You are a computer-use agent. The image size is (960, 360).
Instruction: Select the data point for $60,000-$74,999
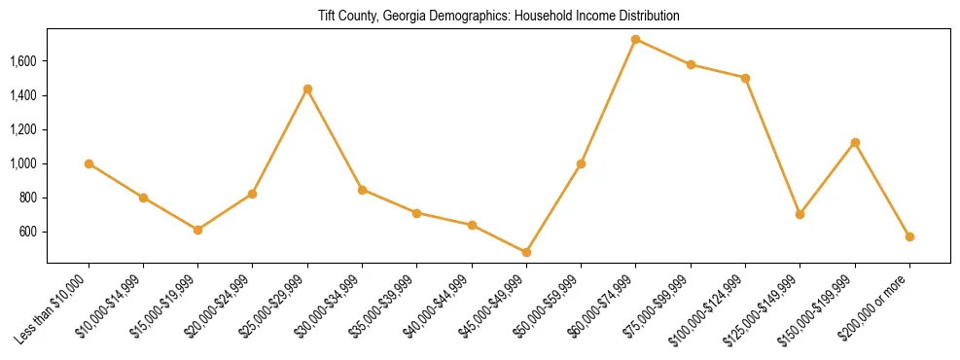click(x=636, y=40)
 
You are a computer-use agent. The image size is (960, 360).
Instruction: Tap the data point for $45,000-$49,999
click(x=526, y=252)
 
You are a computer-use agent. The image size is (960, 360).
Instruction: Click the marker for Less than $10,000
click(x=89, y=163)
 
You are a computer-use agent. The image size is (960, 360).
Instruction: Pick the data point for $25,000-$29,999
click(x=307, y=89)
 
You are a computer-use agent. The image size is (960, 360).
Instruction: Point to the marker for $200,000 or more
click(x=909, y=236)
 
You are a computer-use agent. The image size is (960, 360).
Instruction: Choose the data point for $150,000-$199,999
click(x=855, y=142)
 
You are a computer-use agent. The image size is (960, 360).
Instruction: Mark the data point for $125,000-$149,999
click(x=800, y=214)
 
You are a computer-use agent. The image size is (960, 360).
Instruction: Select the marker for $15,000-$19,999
click(x=198, y=230)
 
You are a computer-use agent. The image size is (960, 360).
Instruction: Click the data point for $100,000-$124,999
click(x=745, y=78)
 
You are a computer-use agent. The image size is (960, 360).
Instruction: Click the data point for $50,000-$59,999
click(x=581, y=163)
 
